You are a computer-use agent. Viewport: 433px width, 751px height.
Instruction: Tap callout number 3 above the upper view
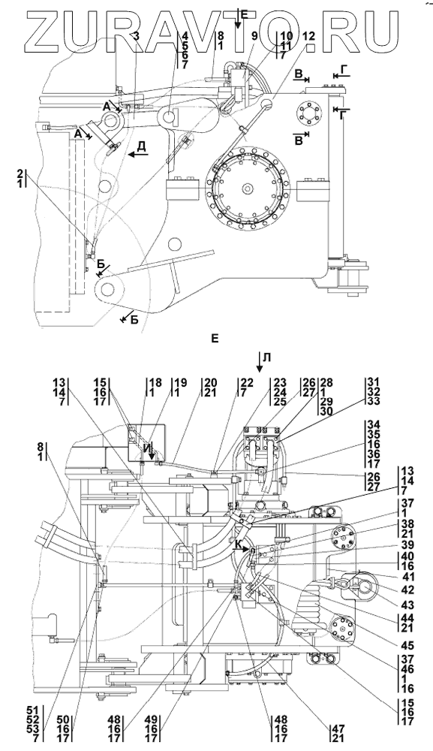pos(137,36)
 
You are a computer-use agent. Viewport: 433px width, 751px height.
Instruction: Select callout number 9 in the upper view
pos(254,36)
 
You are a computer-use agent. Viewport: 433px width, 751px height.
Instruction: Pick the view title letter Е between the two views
pos(215,339)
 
